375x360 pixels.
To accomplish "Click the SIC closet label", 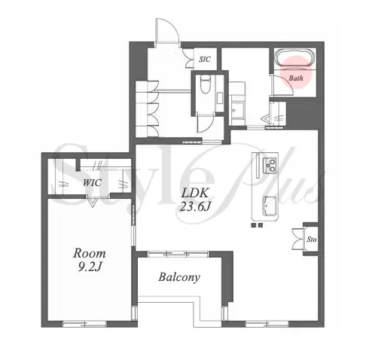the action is pyautogui.click(x=205, y=59).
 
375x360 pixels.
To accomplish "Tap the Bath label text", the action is pyautogui.click(x=296, y=78).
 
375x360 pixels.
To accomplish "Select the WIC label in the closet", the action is pyautogui.click(x=92, y=182).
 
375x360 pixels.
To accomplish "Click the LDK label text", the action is pyautogui.click(x=194, y=193).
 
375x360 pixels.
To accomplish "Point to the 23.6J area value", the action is pyautogui.click(x=194, y=207).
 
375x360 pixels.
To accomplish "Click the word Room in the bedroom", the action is pyautogui.click(x=89, y=254).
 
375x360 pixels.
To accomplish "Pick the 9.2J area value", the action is pyautogui.click(x=89, y=267).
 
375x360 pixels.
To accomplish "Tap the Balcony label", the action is pyautogui.click(x=179, y=277).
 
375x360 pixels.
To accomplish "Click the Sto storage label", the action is pyautogui.click(x=312, y=239).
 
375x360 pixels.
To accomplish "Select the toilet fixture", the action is pyautogui.click(x=206, y=84).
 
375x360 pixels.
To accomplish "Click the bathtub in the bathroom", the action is pyautogui.click(x=295, y=58).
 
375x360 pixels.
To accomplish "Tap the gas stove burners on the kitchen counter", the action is pyautogui.click(x=270, y=165).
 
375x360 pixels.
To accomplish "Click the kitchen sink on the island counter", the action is pyautogui.click(x=270, y=206).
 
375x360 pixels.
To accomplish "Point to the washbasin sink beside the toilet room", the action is pyautogui.click(x=237, y=111).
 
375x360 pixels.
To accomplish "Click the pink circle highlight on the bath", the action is pyautogui.click(x=296, y=72).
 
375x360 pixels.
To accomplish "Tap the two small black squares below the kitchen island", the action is pyautogui.click(x=257, y=225).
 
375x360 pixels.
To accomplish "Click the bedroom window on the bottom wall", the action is pyautogui.click(x=84, y=324).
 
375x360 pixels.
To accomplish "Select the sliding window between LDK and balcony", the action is pyautogui.click(x=178, y=254).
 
